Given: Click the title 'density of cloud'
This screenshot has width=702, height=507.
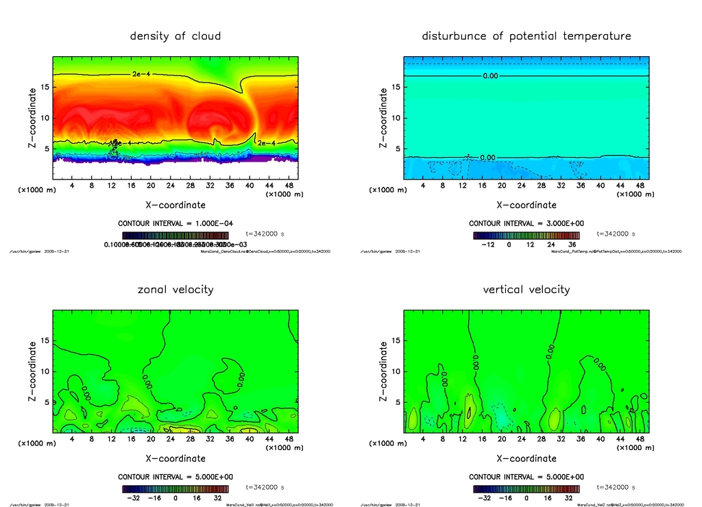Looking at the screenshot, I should [175, 36].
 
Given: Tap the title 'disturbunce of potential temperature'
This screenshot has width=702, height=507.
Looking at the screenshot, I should [526, 36].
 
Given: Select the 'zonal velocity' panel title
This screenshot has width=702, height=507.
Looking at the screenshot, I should [175, 289].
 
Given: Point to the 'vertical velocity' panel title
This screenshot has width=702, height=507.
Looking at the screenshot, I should [526, 289].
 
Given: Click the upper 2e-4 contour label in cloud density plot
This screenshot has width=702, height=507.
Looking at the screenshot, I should [142, 74].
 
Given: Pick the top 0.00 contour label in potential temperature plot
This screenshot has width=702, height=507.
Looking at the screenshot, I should [490, 76].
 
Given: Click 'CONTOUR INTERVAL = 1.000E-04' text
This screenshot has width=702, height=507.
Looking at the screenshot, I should [175, 223].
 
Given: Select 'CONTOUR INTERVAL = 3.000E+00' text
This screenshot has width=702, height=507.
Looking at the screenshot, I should [526, 223].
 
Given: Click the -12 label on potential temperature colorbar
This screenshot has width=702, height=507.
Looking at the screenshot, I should [489, 244].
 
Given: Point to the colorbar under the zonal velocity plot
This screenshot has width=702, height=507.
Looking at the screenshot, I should [175, 489].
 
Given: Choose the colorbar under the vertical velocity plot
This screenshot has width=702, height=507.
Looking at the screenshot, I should [526, 489].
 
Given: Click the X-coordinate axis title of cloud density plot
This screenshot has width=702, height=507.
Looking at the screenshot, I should [175, 204].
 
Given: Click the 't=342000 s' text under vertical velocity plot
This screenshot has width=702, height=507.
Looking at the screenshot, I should [616, 487].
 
